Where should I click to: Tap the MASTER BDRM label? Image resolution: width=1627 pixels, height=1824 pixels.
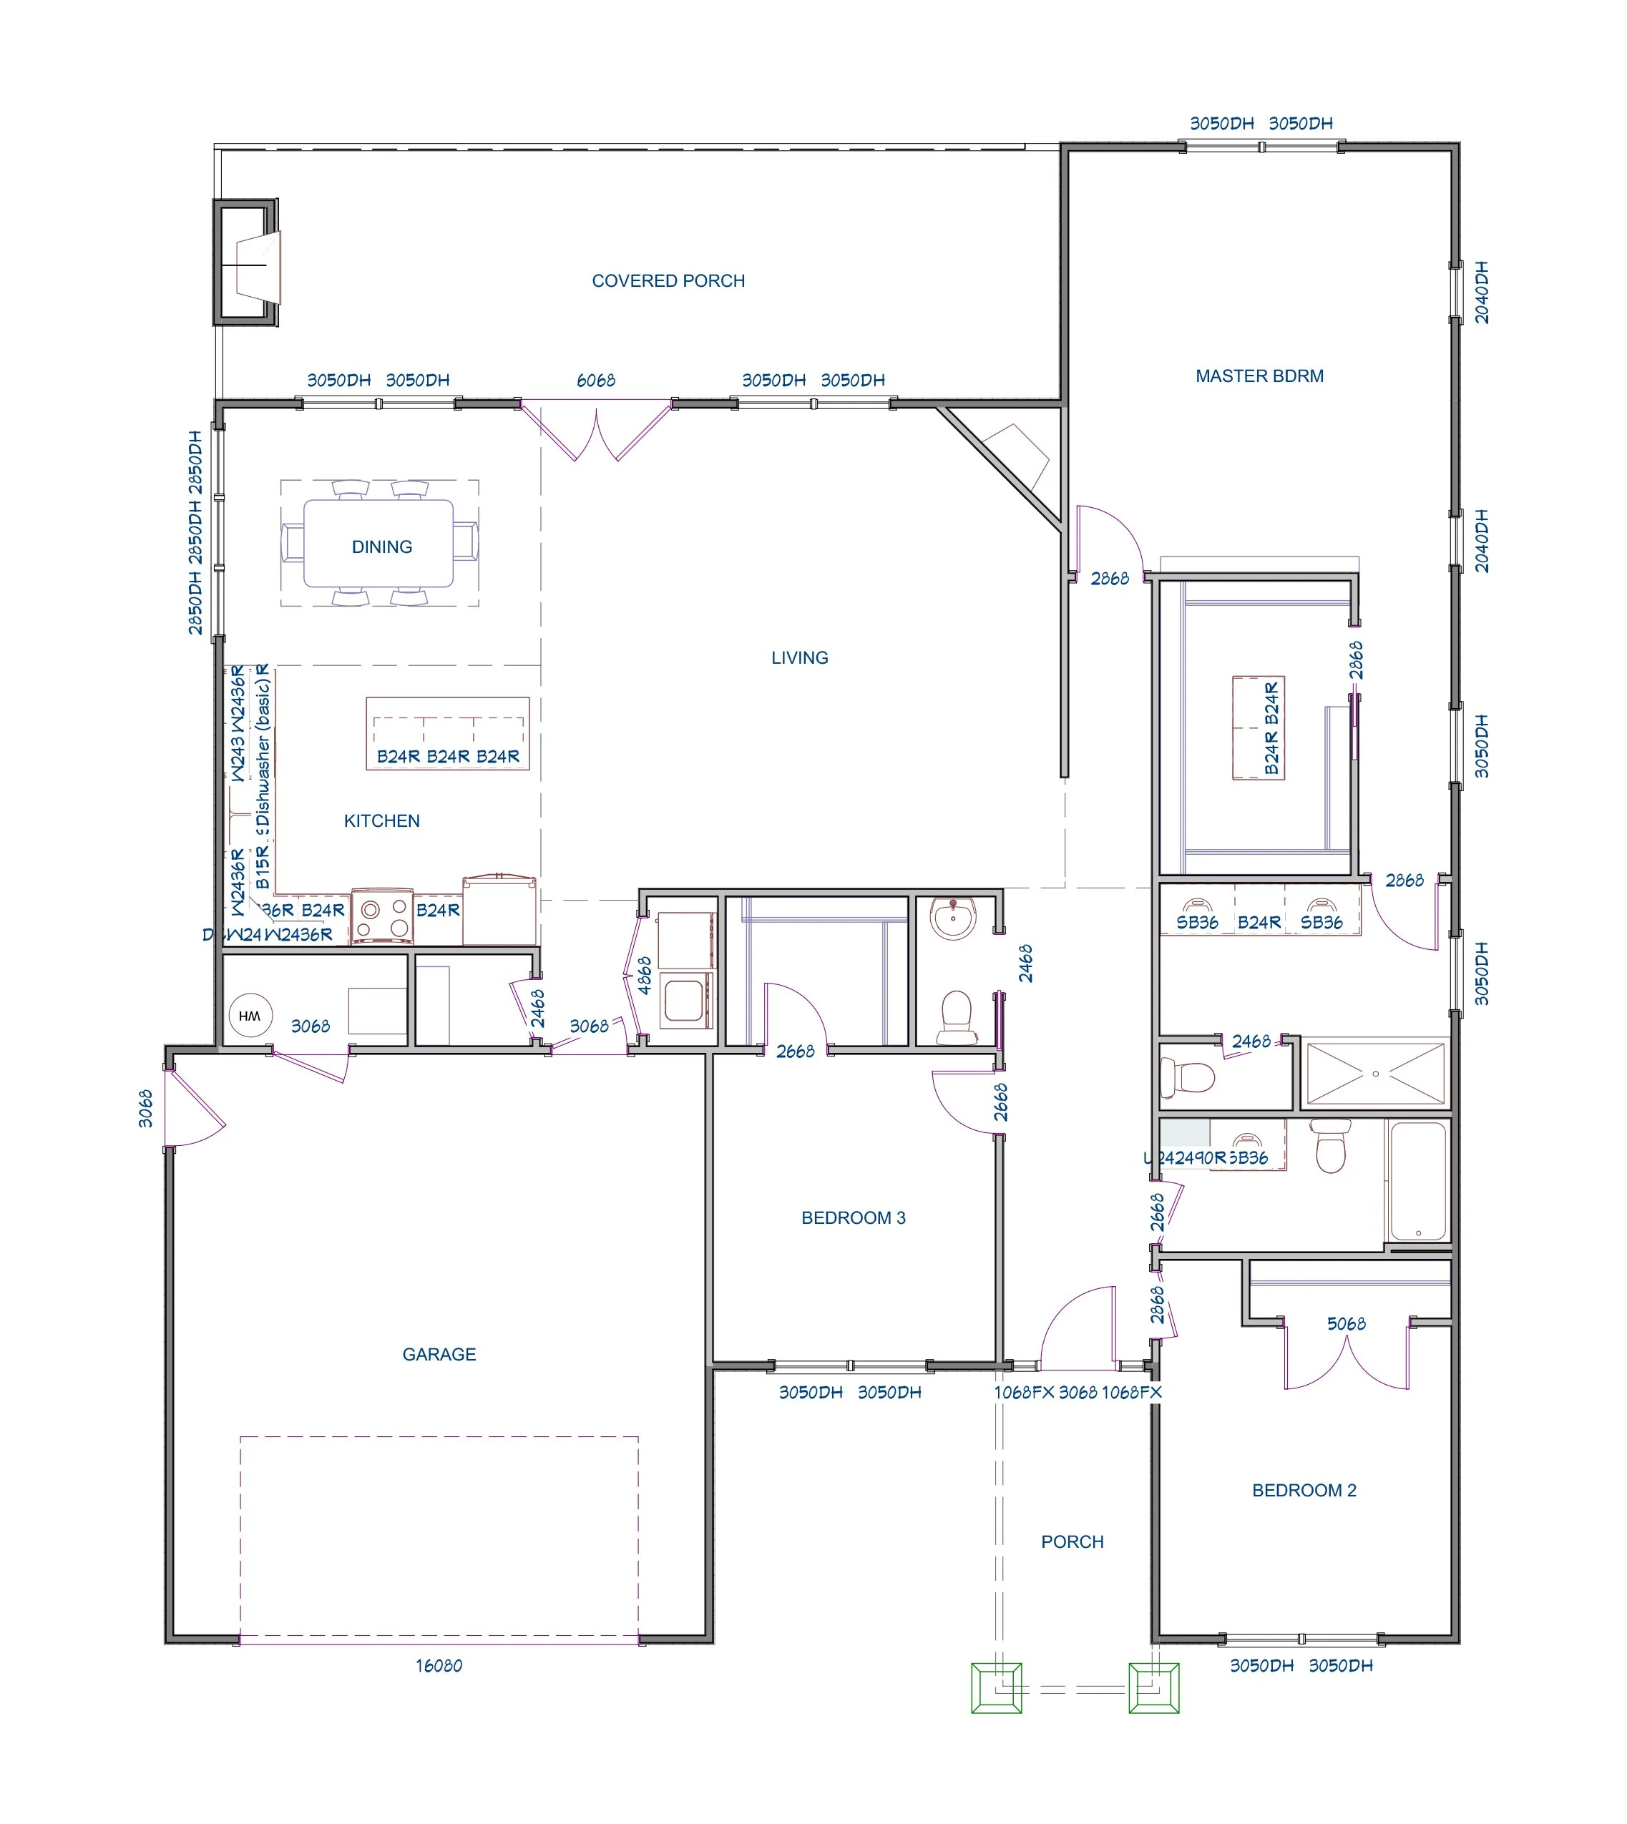tap(1259, 376)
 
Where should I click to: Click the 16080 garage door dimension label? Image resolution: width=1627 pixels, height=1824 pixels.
tap(438, 1666)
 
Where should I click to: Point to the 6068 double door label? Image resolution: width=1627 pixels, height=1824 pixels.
tap(595, 381)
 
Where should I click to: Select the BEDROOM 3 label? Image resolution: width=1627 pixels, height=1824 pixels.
tap(853, 1217)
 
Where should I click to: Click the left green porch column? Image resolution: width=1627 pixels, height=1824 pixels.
tap(996, 1688)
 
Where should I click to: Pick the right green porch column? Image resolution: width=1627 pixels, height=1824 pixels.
tap(1153, 1688)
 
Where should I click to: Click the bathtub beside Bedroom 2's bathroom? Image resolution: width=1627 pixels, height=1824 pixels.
tap(1418, 1182)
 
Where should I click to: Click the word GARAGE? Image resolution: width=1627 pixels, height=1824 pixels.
tap(438, 1354)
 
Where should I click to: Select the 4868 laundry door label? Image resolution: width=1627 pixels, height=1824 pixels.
tap(644, 975)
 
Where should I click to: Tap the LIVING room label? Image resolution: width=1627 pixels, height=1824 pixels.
tap(799, 658)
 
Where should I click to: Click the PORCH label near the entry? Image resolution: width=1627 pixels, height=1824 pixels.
tap(1072, 1541)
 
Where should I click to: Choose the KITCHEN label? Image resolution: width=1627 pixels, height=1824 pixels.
tap(382, 820)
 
